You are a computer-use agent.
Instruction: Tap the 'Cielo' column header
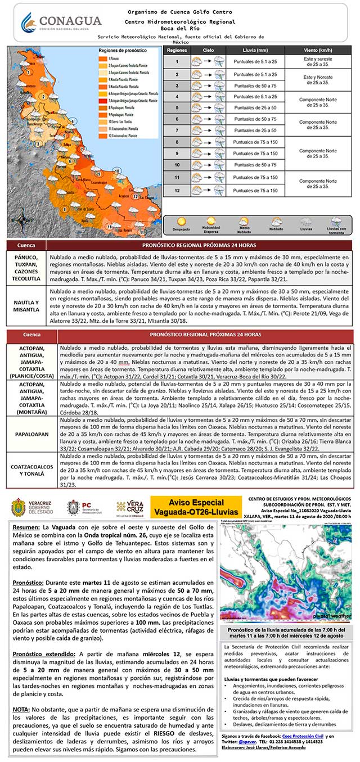(x=208, y=50)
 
